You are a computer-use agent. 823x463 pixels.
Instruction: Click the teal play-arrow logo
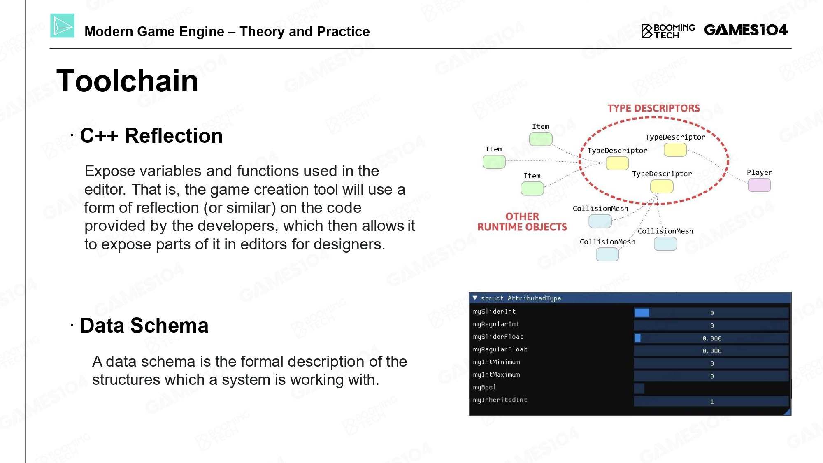pyautogui.click(x=63, y=26)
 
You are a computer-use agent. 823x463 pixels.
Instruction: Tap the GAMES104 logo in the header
pyautogui.click(x=746, y=30)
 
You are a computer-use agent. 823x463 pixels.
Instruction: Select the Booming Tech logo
pyautogui.click(x=668, y=31)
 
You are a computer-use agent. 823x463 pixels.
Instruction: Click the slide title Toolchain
pyautogui.click(x=127, y=81)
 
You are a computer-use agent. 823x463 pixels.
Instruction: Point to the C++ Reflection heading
pyautogui.click(x=151, y=136)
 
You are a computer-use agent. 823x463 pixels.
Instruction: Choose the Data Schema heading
pyautogui.click(x=144, y=326)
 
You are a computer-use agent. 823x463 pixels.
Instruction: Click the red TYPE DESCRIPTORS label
pyautogui.click(x=653, y=108)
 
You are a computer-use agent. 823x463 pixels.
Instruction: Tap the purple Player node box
pyautogui.click(x=759, y=185)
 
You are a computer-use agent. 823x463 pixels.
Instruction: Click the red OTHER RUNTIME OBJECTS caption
pyautogui.click(x=522, y=222)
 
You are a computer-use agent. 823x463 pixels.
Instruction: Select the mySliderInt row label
pyautogui.click(x=494, y=312)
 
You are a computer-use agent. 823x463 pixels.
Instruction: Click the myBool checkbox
pyautogui.click(x=639, y=388)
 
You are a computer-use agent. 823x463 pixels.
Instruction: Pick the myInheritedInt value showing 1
pyautogui.click(x=712, y=401)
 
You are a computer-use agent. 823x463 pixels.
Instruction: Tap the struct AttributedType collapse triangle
pyautogui.click(x=475, y=298)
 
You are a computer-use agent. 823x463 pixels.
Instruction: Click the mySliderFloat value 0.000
pyautogui.click(x=712, y=338)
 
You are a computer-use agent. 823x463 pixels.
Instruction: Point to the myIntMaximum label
pyautogui.click(x=496, y=375)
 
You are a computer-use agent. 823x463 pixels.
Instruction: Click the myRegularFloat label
pyautogui.click(x=500, y=349)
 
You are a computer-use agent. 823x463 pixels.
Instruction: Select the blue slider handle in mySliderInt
pyautogui.click(x=642, y=313)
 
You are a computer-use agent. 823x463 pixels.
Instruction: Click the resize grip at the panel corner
pyautogui.click(x=788, y=412)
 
